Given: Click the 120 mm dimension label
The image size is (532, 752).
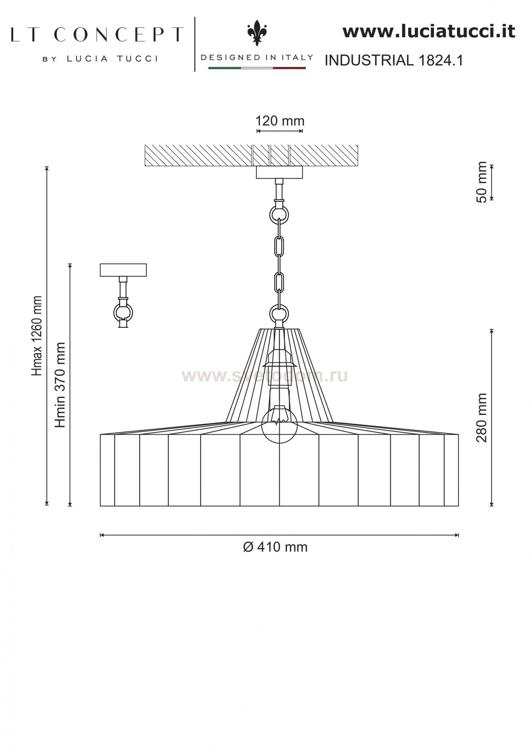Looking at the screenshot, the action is click(280, 121).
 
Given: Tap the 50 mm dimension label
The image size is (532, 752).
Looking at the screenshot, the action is click(482, 182).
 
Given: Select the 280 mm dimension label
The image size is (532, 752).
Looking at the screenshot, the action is click(481, 417).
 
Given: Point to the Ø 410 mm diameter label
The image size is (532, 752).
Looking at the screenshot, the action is click(275, 547).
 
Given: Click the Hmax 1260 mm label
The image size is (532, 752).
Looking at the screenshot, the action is click(37, 335).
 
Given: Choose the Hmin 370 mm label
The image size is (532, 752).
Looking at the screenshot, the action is click(60, 385).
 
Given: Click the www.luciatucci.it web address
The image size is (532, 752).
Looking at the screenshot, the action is click(429, 31).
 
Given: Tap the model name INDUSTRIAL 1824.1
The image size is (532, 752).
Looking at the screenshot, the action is click(394, 61).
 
